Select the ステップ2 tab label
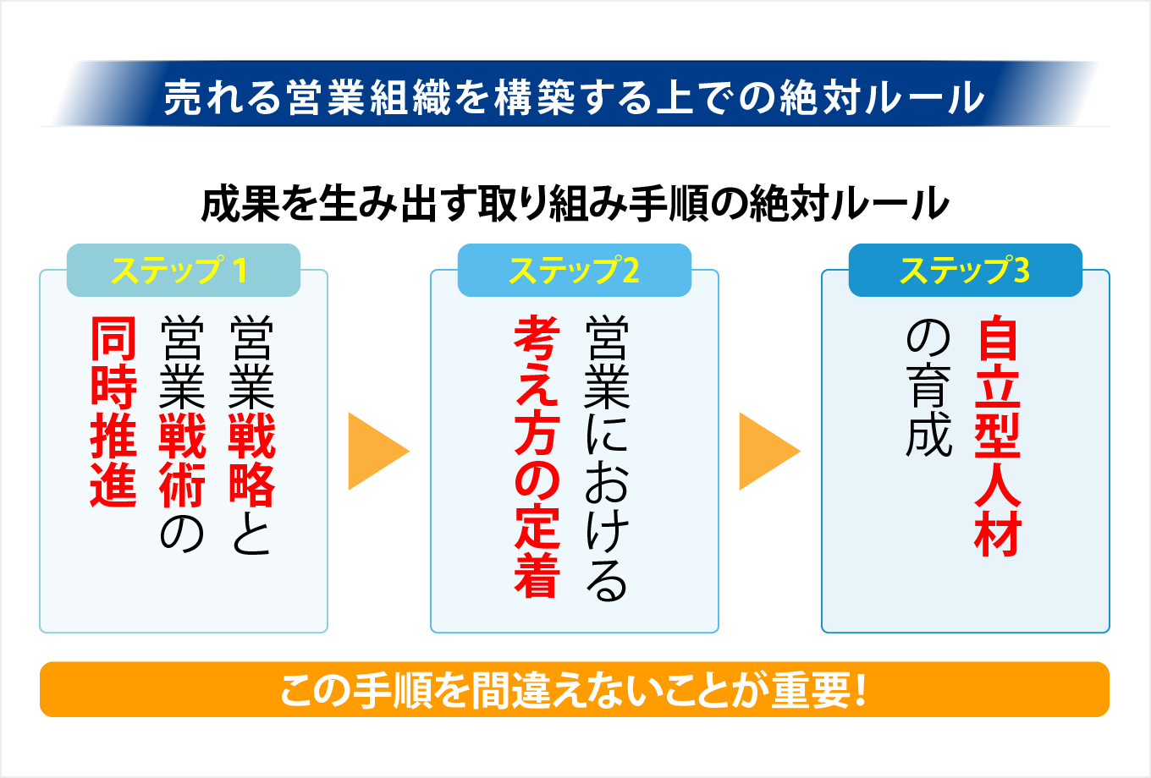[574, 271]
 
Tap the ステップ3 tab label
[965, 271]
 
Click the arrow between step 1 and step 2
[377, 451]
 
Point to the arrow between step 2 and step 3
[768, 451]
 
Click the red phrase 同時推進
[113, 412]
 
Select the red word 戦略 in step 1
[251, 460]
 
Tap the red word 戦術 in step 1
[182, 460]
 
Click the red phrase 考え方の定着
[537, 457]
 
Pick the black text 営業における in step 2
[607, 457]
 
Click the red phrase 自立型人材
[998, 436]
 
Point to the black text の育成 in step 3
[928, 388]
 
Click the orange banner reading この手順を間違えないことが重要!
[574, 689]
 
